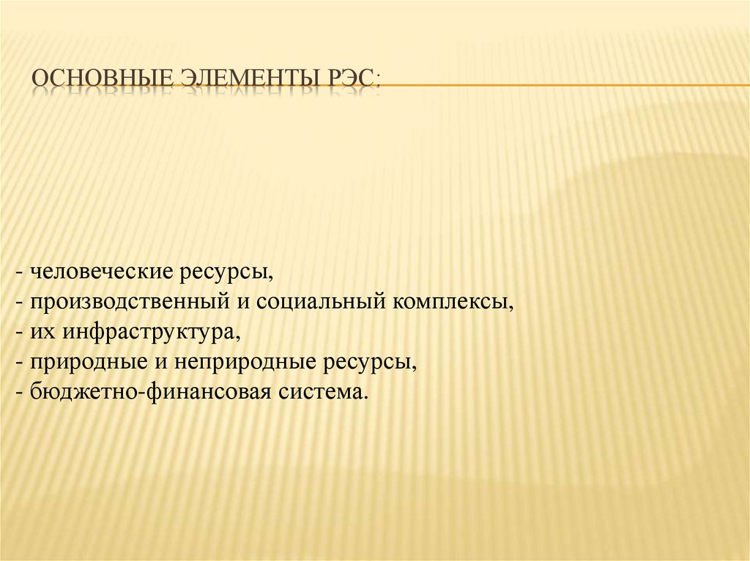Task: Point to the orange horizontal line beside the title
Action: tap(564, 85)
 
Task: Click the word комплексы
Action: tap(455, 303)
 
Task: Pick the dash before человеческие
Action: tap(18, 274)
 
